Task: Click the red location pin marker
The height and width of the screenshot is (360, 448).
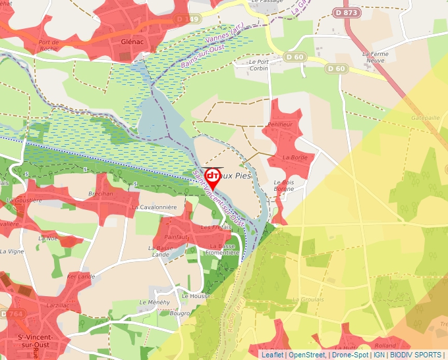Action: (x=213, y=178)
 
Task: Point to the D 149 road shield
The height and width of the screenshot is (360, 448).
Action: (x=188, y=19)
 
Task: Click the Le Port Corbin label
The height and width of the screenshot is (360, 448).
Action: (x=258, y=65)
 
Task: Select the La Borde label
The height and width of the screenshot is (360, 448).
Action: (x=295, y=157)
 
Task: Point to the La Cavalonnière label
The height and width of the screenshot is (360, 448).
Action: (x=154, y=207)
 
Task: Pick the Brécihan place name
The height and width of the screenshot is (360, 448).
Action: (x=101, y=194)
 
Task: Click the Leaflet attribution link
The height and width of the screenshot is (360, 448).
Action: (x=273, y=355)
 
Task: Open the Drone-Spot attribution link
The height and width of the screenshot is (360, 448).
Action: (x=350, y=355)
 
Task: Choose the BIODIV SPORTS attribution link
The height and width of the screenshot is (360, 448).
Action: (x=415, y=355)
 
